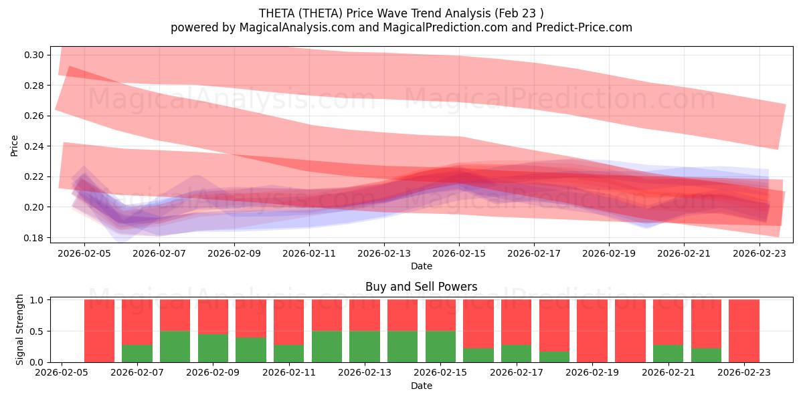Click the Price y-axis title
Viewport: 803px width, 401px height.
tap(15, 146)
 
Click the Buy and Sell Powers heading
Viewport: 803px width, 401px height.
tap(421, 287)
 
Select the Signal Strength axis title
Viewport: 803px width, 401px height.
tap(20, 330)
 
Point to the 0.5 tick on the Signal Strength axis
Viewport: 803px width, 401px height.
tap(37, 331)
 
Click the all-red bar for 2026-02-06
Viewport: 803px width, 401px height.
tap(99, 331)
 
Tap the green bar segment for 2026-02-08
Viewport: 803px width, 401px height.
tap(175, 346)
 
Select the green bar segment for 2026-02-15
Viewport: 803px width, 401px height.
tap(440, 346)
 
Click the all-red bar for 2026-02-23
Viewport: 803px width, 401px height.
tap(743, 331)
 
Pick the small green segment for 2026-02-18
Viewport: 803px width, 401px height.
tap(554, 357)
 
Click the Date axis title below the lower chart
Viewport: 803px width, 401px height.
tap(421, 386)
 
